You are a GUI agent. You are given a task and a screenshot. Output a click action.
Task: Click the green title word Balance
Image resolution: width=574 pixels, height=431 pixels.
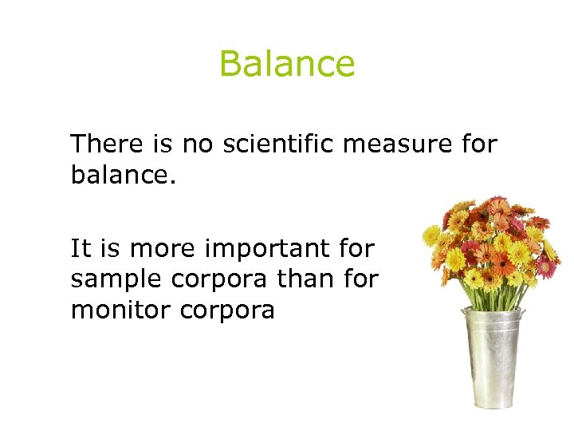[x=287, y=64]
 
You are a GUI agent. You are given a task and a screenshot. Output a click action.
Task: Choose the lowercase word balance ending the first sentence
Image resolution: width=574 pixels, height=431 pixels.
[x=120, y=174]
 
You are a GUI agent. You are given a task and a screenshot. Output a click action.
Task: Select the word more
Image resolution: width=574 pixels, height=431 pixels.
[x=163, y=250]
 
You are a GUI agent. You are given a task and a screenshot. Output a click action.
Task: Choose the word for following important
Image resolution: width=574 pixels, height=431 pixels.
[x=356, y=249]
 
